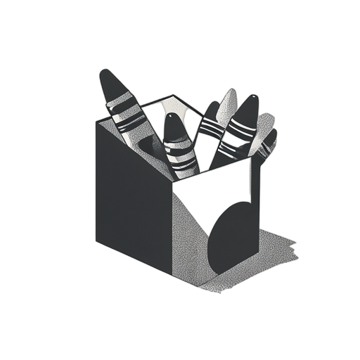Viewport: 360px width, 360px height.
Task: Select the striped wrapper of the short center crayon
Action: [180, 155]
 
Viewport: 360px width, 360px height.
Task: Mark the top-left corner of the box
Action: [96, 121]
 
